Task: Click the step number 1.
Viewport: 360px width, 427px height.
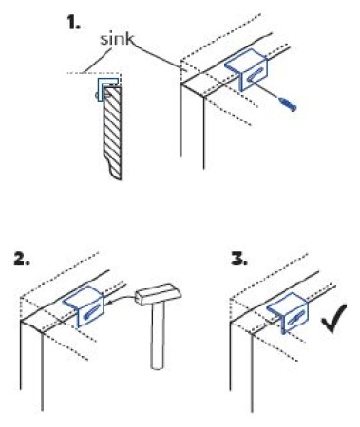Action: pyautogui.click(x=74, y=23)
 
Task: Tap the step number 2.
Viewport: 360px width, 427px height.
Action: pyautogui.click(x=22, y=259)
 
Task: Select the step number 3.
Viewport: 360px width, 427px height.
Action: pyautogui.click(x=239, y=259)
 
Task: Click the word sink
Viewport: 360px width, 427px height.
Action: pyautogui.click(x=117, y=39)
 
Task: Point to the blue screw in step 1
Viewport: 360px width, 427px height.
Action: pyautogui.click(x=288, y=104)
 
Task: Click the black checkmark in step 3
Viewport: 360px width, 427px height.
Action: pyautogui.click(x=334, y=318)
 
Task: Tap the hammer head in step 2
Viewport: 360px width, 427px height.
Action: pyautogui.click(x=159, y=294)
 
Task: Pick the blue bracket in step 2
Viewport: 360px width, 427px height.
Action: pyautogui.click(x=85, y=306)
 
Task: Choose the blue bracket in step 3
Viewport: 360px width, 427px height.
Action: pyautogui.click(x=288, y=313)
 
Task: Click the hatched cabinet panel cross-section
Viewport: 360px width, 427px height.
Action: pyautogui.click(x=112, y=133)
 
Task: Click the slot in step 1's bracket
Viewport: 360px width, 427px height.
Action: pyautogui.click(x=256, y=75)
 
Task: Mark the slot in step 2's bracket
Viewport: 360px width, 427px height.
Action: pyautogui.click(x=93, y=311)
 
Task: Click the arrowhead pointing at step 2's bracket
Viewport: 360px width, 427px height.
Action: pyautogui.click(x=109, y=304)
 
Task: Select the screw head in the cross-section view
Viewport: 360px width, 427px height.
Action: pyautogui.click(x=97, y=95)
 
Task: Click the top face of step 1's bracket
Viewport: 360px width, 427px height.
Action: pyautogui.click(x=242, y=62)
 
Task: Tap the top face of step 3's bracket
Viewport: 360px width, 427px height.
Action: pyautogui.click(x=284, y=305)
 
